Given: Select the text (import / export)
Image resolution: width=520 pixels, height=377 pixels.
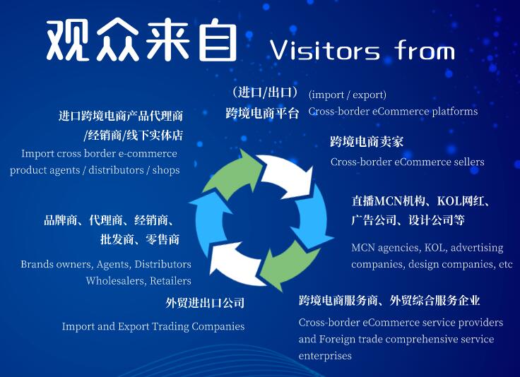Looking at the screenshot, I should click(x=348, y=95).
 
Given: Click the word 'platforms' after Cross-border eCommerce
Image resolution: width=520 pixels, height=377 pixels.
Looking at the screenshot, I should click(x=453, y=112).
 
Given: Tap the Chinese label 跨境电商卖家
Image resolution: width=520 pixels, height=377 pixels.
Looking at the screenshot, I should click(x=367, y=142).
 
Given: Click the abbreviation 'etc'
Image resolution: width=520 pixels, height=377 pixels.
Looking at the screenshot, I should click(x=505, y=265).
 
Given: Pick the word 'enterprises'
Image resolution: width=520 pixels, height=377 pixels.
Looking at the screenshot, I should click(x=325, y=356).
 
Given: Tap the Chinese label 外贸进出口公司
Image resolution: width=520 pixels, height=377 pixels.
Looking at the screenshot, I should click(x=205, y=303).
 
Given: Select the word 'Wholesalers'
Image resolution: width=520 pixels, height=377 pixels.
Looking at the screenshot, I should click(x=114, y=281).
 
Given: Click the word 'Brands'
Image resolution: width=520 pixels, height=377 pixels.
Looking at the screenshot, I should click(x=37, y=264).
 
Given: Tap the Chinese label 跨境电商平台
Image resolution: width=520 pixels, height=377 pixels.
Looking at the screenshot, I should click(x=263, y=113).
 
